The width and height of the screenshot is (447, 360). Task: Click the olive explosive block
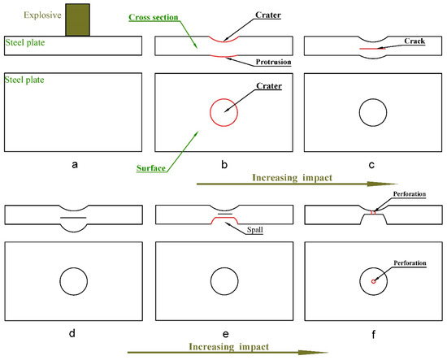77,20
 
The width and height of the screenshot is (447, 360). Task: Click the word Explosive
42,15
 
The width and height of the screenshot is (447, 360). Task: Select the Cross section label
154,17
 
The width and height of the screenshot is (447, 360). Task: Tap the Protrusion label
273,62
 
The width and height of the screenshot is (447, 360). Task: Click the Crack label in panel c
414,41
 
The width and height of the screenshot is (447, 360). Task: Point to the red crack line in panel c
372,49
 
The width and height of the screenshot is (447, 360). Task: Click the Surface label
151,168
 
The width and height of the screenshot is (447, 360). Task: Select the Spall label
255,230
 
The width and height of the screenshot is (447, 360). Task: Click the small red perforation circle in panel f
373,282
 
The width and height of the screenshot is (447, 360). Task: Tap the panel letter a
75,164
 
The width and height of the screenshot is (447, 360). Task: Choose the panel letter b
224,164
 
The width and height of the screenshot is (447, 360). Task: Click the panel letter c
371,165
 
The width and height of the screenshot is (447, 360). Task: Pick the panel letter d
72,332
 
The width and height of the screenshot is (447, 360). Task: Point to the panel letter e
225,333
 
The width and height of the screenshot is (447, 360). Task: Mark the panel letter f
374,334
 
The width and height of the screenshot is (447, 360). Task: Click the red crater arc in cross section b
223,41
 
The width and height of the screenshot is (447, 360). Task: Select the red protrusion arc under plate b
223,56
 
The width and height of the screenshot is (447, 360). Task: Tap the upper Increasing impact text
293,178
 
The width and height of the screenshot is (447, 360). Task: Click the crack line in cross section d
73,218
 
